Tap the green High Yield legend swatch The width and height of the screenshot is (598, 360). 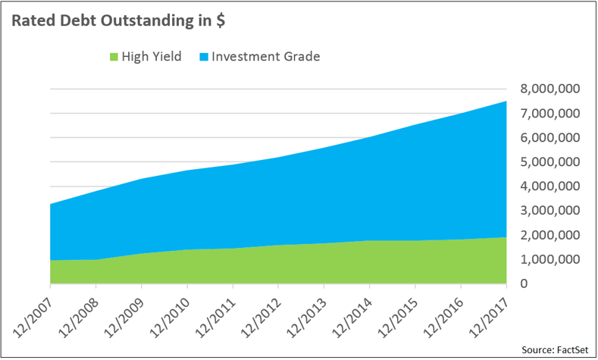click(115, 57)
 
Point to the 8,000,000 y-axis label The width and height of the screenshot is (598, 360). click(549, 89)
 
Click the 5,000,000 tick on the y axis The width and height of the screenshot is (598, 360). click(549, 162)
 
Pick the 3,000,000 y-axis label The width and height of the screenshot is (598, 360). click(549, 211)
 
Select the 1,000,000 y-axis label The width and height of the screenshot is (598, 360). click(549, 259)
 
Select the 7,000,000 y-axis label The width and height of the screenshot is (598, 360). click(549, 114)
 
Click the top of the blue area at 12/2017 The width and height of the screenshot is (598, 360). click(506, 102)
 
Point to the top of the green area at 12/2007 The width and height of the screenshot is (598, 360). click(51, 260)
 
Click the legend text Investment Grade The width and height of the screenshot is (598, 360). click(265, 57)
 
